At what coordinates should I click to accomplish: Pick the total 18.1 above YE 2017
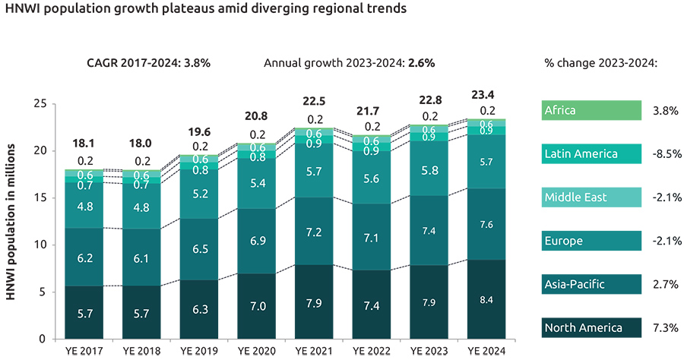click(x=84, y=143)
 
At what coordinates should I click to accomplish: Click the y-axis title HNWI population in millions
click(x=13, y=221)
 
